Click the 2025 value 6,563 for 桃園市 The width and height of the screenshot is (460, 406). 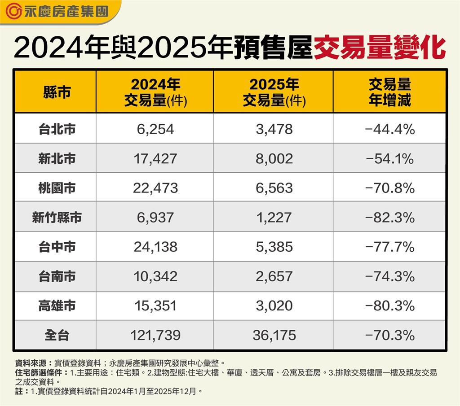point(274,188)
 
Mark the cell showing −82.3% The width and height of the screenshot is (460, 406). point(390,218)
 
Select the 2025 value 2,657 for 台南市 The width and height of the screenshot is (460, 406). point(274,276)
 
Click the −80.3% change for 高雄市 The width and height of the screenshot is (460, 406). point(390,306)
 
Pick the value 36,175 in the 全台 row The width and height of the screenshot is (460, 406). point(274,335)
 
